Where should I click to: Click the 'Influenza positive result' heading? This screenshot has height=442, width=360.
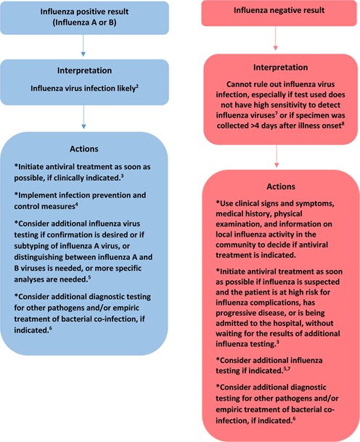pyautogui.click(x=84, y=12)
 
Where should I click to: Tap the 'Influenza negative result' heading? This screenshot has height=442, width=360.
pyautogui.click(x=279, y=10)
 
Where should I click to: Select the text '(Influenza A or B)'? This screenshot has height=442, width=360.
pyautogui.click(x=84, y=22)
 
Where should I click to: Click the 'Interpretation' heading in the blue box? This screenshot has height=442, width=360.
pyautogui.click(x=84, y=70)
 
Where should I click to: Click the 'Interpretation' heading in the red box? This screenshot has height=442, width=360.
pyautogui.click(x=280, y=67)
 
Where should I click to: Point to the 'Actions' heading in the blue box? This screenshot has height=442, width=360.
pyautogui.click(x=84, y=149)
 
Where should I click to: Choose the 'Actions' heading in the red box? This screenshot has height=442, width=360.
pyautogui.click(x=281, y=187)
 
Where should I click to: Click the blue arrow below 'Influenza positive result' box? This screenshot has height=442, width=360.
pyautogui.click(x=83, y=45)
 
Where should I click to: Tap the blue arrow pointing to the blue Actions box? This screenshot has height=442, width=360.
pyautogui.click(x=83, y=117)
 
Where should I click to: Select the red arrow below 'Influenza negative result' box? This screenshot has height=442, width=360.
pyautogui.click(x=275, y=38)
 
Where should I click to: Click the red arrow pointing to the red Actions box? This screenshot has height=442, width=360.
pyautogui.click(x=277, y=156)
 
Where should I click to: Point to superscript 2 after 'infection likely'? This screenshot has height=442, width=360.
pyautogui.click(x=137, y=86)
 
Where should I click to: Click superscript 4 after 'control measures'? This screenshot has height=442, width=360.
pyautogui.click(x=76, y=205)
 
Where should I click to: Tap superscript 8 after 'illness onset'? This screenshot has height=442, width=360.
pyautogui.click(x=343, y=123)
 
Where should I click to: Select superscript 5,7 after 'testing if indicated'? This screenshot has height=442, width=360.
pyautogui.click(x=287, y=369)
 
